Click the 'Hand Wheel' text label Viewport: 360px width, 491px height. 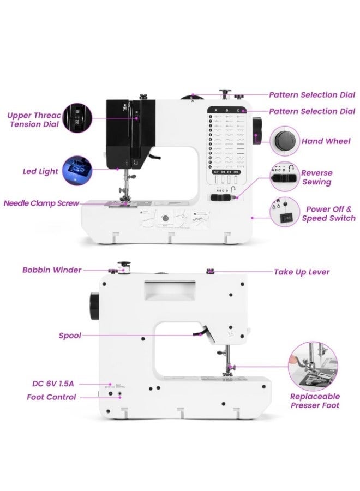(326, 141)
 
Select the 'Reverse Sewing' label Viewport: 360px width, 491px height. (317, 177)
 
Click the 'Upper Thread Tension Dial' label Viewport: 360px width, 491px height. (31, 119)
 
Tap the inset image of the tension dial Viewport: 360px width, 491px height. (76, 118)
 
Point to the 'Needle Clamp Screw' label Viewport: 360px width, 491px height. (41, 203)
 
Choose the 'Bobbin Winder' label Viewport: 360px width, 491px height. (52, 270)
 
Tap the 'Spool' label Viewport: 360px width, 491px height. (70, 336)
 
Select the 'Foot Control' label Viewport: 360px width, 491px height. (51, 397)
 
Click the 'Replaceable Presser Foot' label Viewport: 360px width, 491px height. (315, 400)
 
